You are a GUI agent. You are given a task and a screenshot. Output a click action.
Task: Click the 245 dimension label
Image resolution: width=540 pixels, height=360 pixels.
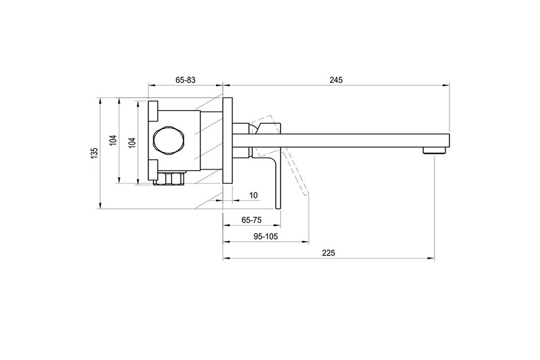336,80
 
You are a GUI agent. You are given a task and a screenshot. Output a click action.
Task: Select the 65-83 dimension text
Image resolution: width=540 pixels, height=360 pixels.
185,80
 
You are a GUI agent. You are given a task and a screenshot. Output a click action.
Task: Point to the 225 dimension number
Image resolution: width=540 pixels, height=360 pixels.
328,253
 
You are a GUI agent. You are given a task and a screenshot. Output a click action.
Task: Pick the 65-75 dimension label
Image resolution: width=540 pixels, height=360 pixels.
252,220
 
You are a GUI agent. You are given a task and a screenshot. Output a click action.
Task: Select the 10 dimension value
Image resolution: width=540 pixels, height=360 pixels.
253,195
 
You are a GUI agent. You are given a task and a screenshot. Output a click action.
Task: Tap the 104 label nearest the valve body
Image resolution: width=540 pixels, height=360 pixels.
132,143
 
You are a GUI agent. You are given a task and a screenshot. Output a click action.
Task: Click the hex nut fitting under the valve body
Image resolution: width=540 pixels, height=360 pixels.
170,179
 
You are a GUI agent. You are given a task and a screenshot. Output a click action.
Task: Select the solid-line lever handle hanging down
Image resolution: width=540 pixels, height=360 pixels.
276,180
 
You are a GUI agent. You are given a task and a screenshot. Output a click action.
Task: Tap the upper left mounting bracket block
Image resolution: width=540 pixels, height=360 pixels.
153,111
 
